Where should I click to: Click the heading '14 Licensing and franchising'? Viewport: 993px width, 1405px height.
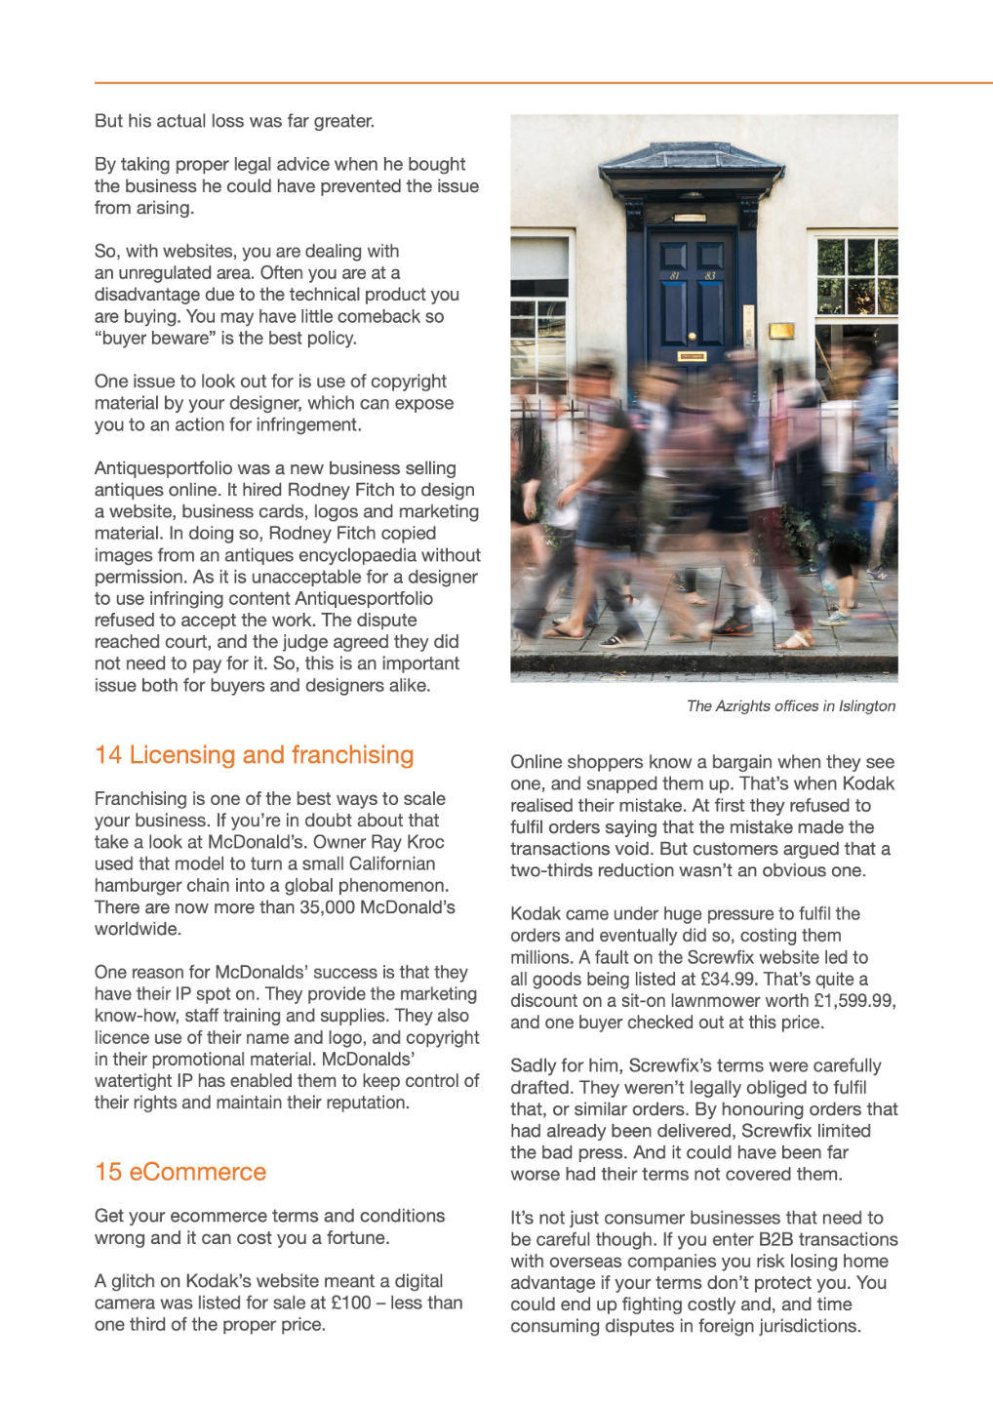tap(254, 755)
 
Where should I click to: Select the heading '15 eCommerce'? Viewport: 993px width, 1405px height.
tap(180, 1172)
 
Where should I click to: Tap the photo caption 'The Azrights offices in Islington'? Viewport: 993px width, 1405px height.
tap(790, 706)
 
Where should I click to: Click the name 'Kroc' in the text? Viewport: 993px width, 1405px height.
tap(425, 842)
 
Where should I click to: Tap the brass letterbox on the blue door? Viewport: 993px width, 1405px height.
tap(692, 357)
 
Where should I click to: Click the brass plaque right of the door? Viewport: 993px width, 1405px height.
tap(781, 332)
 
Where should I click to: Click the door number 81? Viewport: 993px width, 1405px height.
tap(674, 275)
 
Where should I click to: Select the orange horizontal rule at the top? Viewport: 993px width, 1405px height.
tap(543, 83)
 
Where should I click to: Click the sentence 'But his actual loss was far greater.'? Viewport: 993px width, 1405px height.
tap(234, 121)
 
